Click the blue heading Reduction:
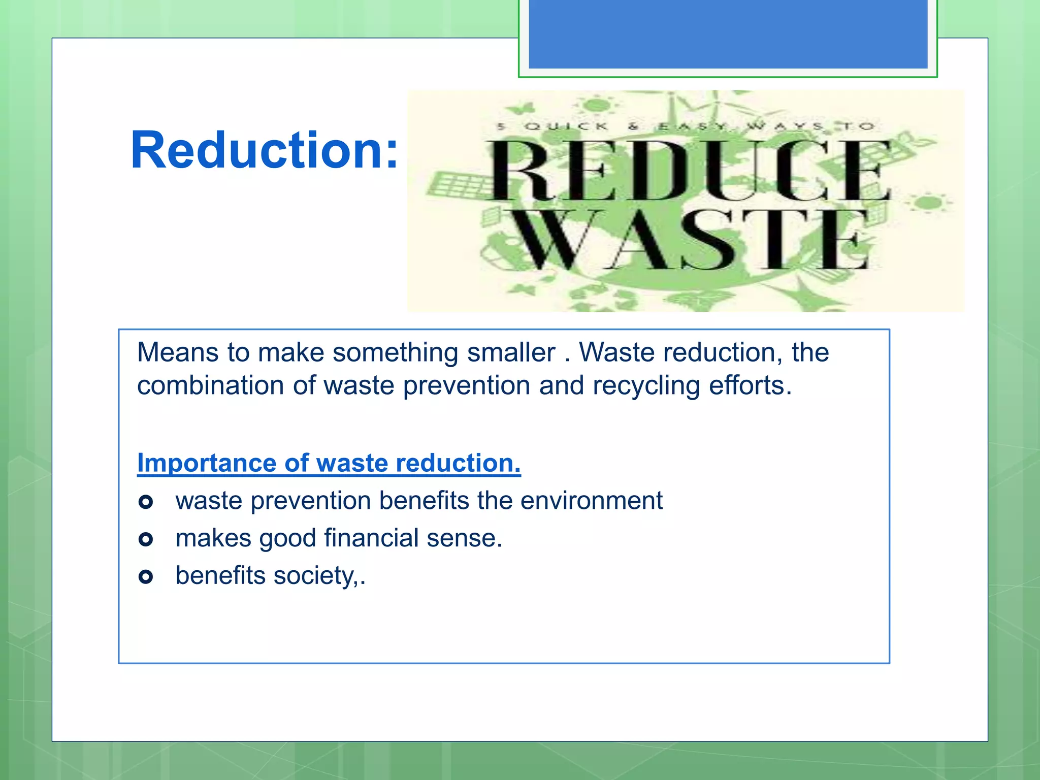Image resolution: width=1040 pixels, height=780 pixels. (x=264, y=150)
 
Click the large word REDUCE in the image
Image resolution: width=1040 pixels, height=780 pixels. (x=689, y=171)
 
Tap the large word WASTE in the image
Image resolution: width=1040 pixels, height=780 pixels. (x=691, y=240)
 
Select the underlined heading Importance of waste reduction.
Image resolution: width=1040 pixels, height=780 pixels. (x=329, y=463)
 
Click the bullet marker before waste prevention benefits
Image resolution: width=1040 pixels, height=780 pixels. (x=146, y=502)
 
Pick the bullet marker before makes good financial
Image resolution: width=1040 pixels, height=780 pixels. (x=146, y=539)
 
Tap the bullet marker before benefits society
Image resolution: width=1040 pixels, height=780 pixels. (x=146, y=577)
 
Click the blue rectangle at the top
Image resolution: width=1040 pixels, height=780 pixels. (x=728, y=34)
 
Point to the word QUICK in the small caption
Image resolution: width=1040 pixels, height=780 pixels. (x=566, y=126)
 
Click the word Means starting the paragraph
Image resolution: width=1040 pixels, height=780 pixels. (x=178, y=352)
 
